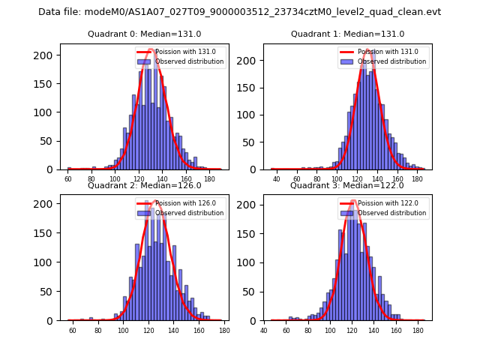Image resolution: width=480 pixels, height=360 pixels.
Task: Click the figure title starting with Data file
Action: pos(240,12)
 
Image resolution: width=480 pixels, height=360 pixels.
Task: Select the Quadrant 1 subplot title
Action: pos(347,34)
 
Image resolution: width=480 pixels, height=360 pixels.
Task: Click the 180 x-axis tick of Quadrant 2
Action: pos(224,330)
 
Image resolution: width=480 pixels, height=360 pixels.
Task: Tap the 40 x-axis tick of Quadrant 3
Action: pos(264,330)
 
